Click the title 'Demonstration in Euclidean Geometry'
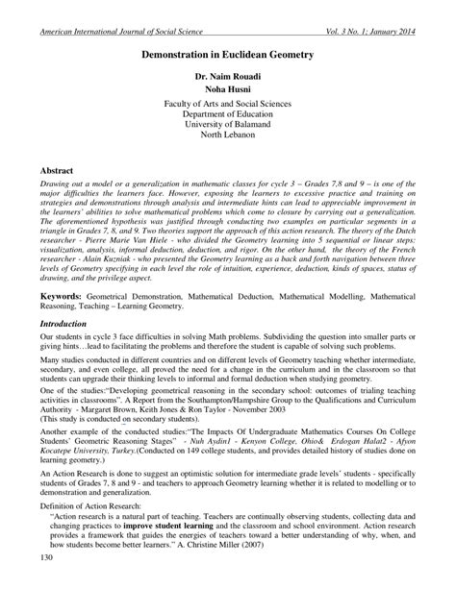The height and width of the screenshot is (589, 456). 228,57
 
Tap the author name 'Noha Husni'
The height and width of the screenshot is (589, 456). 228,91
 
